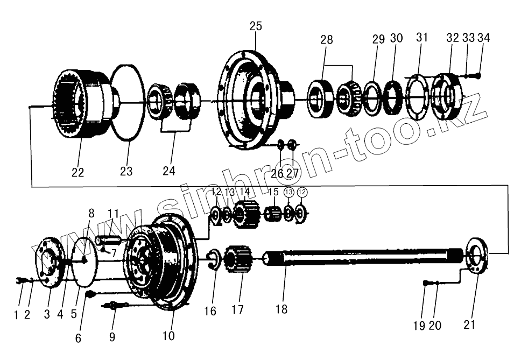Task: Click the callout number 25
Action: point(256,26)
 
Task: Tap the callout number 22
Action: point(78,172)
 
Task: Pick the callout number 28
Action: point(327,40)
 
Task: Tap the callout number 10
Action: point(168,336)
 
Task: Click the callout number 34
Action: point(484,38)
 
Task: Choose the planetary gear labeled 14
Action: point(248,214)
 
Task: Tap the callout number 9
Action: point(112,338)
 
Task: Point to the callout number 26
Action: point(277,173)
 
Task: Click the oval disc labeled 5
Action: point(85,262)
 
